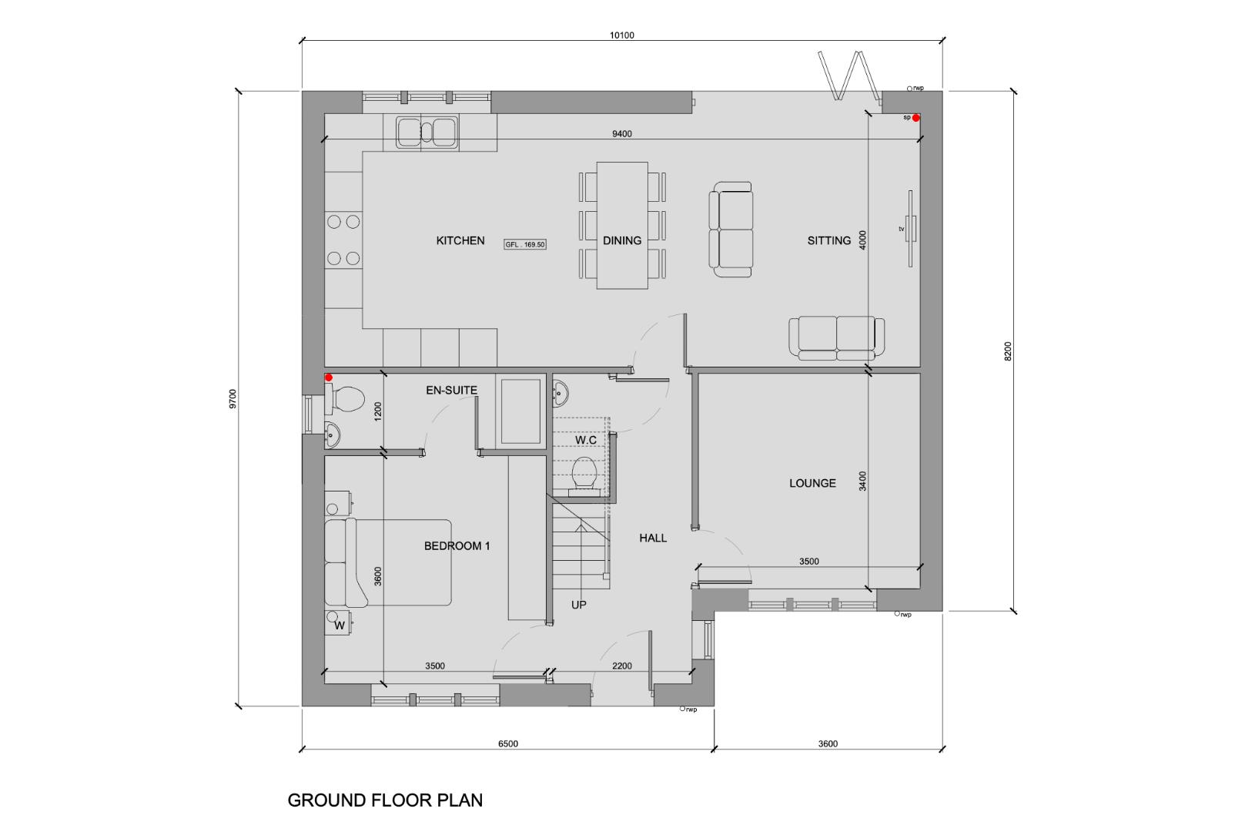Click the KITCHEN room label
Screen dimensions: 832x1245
pos(460,240)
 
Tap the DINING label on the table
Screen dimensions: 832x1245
pos(621,240)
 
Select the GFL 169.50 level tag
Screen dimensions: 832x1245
pos(525,244)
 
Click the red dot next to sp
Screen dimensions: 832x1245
pos(916,118)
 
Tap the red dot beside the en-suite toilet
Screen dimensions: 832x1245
pos(329,377)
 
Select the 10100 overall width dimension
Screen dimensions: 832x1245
pos(621,35)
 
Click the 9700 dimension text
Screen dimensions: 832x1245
pos(233,399)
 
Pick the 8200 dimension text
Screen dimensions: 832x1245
pos(1009,351)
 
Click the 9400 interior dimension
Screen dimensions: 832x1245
pos(621,133)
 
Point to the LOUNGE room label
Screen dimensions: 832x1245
pos(812,483)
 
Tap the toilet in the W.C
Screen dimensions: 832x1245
pos(584,475)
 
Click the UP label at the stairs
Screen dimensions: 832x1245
pos(578,605)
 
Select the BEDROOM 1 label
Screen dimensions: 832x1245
pos(457,545)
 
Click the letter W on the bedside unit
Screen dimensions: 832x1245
pos(340,626)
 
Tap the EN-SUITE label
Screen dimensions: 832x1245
pos(451,390)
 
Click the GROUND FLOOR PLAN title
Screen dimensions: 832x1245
pos(385,800)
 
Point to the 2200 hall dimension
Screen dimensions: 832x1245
pos(621,666)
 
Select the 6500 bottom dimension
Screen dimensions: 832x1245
pos(508,743)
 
